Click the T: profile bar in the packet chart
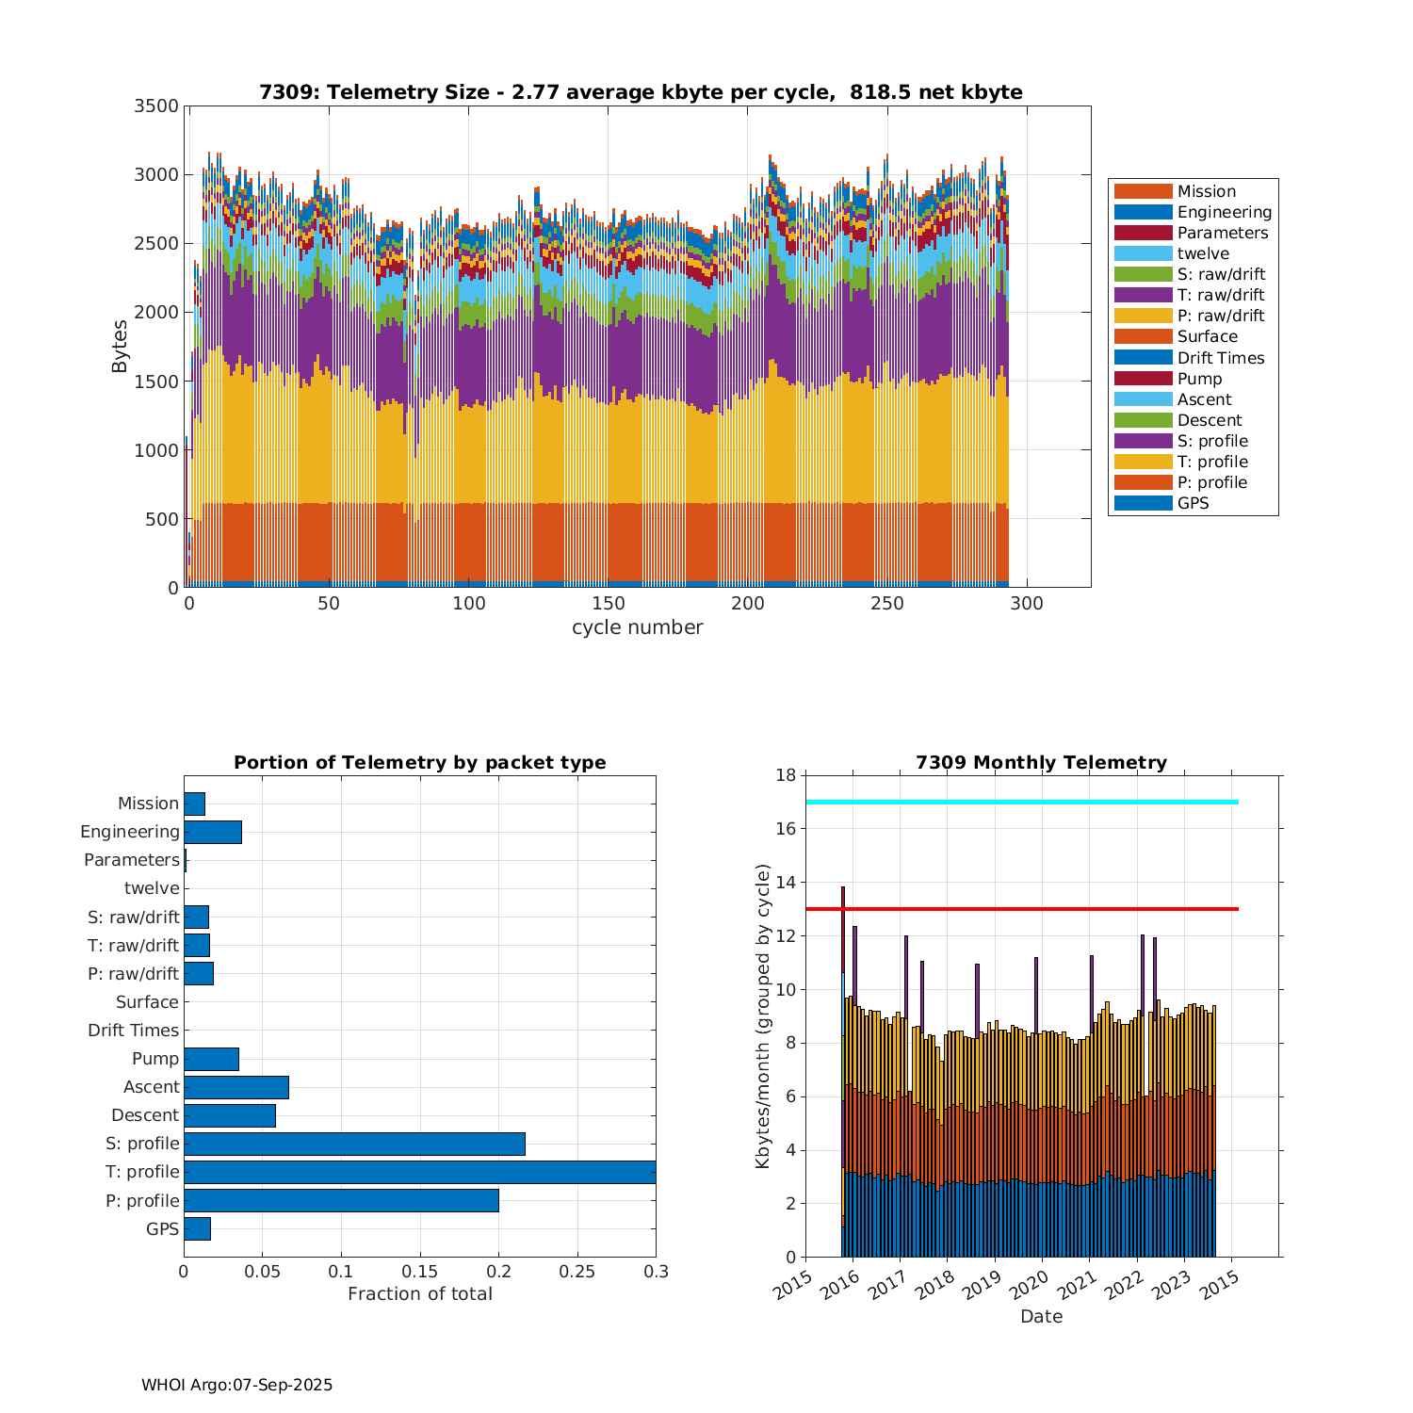[419, 1172]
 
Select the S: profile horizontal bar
[354, 1144]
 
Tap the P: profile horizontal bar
[341, 1200]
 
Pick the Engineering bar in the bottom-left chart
[213, 832]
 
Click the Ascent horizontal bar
[236, 1087]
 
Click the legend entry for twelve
[1202, 253]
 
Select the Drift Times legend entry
[1220, 358]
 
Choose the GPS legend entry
[1193, 503]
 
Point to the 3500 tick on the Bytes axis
[156, 106]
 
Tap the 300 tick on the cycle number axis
[1027, 604]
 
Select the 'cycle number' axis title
[637, 627]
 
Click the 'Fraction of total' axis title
[419, 1293]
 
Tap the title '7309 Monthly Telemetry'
[1041, 762]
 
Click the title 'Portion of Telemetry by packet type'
[419, 762]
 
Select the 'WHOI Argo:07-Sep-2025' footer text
[236, 1385]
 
